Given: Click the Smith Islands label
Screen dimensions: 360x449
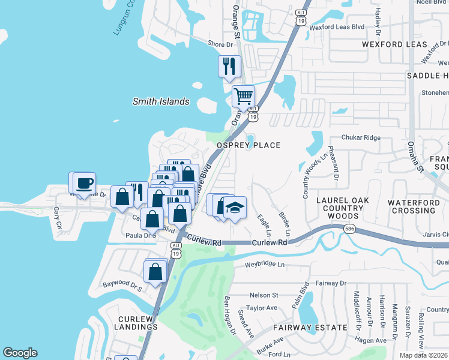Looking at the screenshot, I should (x=161, y=102).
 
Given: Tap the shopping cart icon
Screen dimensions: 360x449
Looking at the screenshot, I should (x=243, y=96).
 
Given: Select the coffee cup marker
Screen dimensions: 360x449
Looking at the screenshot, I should (x=84, y=183).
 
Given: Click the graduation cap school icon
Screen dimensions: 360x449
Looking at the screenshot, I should (x=235, y=208).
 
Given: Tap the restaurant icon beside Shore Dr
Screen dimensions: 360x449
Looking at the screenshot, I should (x=229, y=67).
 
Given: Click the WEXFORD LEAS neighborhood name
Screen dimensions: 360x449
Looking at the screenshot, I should (x=394, y=45).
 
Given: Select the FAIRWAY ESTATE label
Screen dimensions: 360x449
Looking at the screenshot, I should (x=310, y=328).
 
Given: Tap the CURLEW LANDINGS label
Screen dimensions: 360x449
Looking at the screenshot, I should (x=129, y=322).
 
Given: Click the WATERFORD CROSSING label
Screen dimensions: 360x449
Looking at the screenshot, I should (x=420, y=207).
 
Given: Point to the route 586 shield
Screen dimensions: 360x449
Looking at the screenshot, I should (x=349, y=229).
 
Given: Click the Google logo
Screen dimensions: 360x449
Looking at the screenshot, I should (x=20, y=353).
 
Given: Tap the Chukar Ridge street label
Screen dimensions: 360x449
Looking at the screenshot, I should (x=361, y=137).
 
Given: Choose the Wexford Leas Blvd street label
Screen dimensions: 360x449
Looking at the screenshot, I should (x=337, y=27).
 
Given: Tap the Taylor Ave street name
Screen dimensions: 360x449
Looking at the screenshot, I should (x=264, y=308).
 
